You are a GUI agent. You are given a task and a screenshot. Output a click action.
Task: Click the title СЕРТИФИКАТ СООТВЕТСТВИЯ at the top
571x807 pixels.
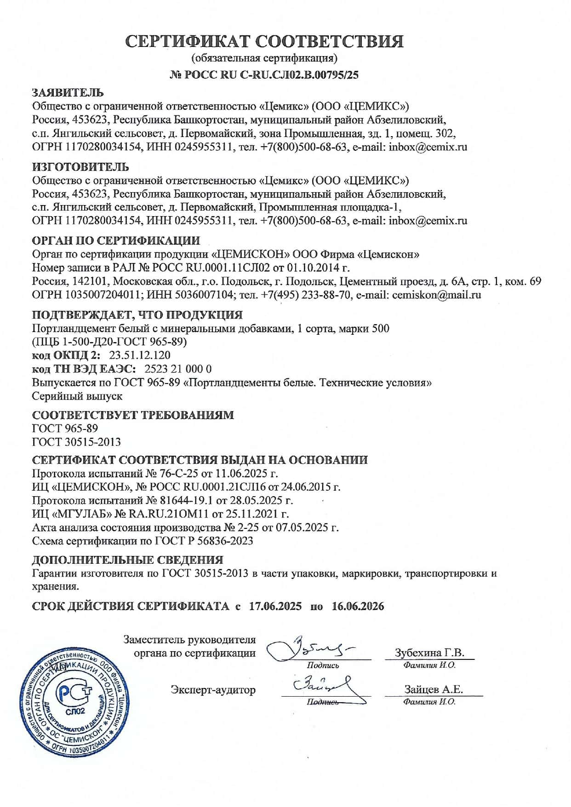tap(265, 42)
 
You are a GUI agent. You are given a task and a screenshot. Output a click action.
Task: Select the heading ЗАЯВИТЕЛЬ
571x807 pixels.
tap(68, 93)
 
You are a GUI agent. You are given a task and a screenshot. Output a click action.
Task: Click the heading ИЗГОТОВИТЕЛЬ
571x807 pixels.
tap(80, 166)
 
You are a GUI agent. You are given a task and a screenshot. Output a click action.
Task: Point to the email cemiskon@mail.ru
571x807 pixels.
tap(436, 295)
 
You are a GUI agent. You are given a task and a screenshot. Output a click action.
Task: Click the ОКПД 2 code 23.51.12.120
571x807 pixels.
tap(140, 355)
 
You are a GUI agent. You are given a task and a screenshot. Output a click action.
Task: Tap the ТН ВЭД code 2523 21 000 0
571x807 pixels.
tap(178, 369)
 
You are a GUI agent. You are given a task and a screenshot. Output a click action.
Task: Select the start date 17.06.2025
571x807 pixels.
tap(275, 606)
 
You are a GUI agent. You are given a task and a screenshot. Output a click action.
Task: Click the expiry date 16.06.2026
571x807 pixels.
tap(358, 606)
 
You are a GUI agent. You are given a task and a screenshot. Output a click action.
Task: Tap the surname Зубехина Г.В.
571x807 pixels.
tap(429, 653)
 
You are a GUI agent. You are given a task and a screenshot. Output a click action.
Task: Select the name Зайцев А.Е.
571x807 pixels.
tap(434, 689)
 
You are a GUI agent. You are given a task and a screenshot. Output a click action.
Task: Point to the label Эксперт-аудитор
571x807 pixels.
tap(213, 690)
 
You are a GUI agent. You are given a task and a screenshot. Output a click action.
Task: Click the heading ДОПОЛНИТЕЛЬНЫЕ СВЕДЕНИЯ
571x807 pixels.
tap(127, 560)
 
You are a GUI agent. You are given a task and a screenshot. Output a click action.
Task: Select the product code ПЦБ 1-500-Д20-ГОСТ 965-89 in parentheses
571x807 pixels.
tap(109, 342)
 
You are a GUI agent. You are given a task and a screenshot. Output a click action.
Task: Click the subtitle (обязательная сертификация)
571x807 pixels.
tap(264, 58)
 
